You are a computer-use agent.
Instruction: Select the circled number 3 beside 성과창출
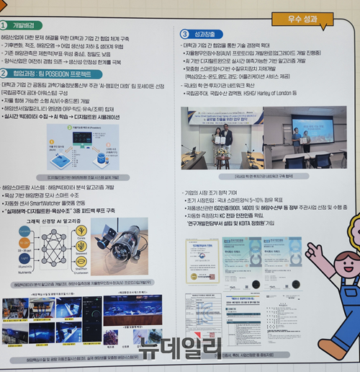184,34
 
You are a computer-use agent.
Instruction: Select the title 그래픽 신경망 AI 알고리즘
52,220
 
